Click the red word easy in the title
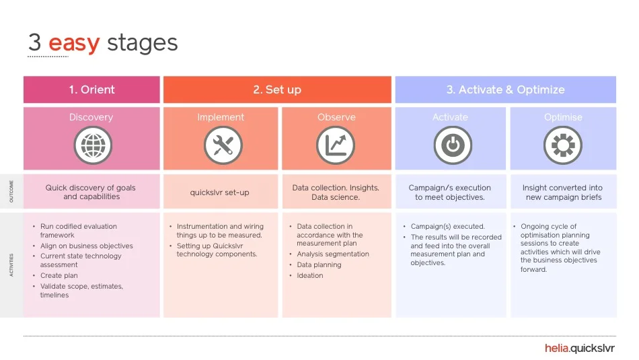(74, 43)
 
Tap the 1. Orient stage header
(91, 89)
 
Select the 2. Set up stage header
(277, 89)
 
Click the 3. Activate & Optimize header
(505, 89)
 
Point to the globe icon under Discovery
(92, 145)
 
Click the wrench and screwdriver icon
(223, 145)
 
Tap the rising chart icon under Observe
(335, 145)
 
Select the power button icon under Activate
(452, 145)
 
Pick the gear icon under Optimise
(563, 145)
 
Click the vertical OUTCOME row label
(11, 192)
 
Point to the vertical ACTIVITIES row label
(11, 264)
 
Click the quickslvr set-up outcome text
(219, 192)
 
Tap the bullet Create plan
(59, 275)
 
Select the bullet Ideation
(310, 275)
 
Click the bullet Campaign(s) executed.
(447, 227)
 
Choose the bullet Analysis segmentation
(333, 254)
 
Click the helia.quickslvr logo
(579, 348)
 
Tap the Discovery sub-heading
(91, 117)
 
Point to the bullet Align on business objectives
(87, 246)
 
